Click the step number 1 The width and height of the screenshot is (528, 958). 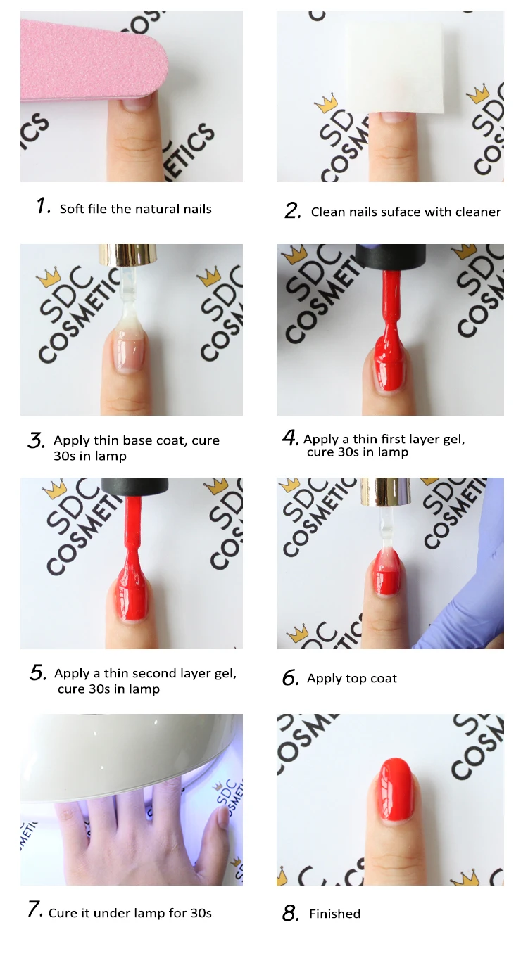tap(44, 206)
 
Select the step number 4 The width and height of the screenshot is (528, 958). tap(291, 438)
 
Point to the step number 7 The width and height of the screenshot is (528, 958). tap(35, 909)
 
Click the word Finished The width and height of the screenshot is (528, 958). tap(334, 914)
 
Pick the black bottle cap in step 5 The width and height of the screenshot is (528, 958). tap(135, 485)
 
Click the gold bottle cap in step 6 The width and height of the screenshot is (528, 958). tap(384, 489)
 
